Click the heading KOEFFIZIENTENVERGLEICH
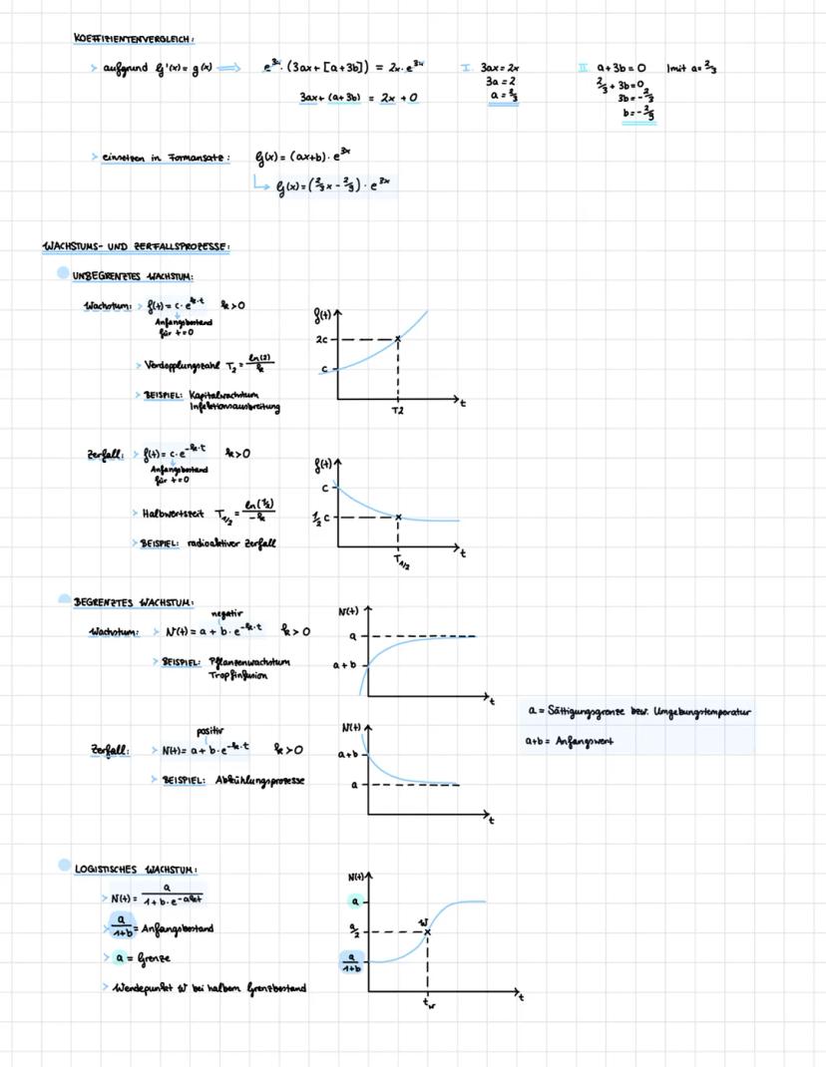134,39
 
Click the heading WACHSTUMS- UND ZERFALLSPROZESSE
136,246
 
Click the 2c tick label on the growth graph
322,339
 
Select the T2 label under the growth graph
398,411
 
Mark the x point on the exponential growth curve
398,339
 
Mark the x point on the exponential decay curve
398,517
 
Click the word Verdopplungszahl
177,365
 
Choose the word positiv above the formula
210,731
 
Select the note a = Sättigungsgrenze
638,712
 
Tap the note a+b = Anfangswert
570,741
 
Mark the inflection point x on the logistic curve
428,931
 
